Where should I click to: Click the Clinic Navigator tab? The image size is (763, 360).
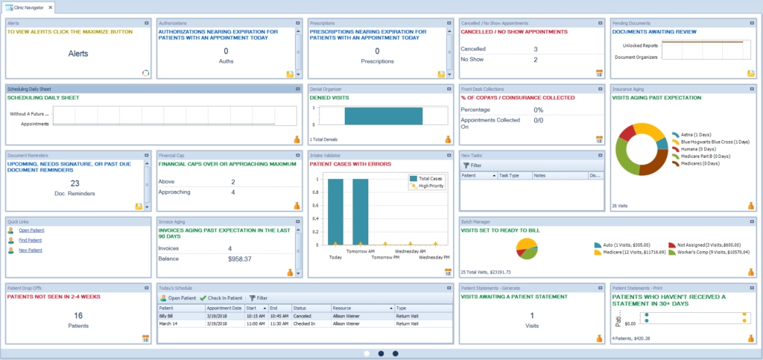pos(28,7)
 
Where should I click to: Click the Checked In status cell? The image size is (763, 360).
pos(303,323)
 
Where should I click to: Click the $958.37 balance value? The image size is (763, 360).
pos(239,259)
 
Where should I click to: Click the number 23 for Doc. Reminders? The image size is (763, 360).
pos(75,183)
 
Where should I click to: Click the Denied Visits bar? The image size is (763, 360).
pos(383,116)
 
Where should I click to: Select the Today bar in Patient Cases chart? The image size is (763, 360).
pos(335,211)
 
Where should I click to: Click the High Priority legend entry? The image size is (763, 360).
pos(427,186)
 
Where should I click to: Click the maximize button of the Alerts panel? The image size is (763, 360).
pos(147,23)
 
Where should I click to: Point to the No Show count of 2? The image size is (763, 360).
pos(535,60)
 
